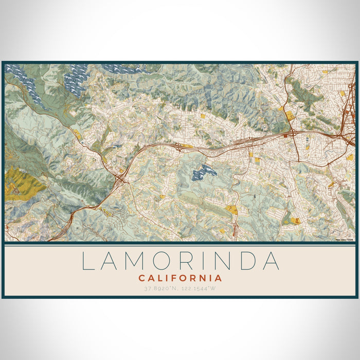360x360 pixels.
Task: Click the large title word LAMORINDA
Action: coord(180,261)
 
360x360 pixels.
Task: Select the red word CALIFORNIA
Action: coord(180,278)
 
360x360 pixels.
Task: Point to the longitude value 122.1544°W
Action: coord(202,288)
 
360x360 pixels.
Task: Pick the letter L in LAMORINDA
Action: coord(88,261)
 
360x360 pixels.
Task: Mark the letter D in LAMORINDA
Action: coord(246,261)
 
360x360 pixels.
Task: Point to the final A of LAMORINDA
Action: coord(271,261)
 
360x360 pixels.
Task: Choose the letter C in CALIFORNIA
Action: coord(141,278)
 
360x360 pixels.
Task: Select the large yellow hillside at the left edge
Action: coord(21,183)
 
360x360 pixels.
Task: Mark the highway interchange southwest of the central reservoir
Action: coord(121,179)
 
